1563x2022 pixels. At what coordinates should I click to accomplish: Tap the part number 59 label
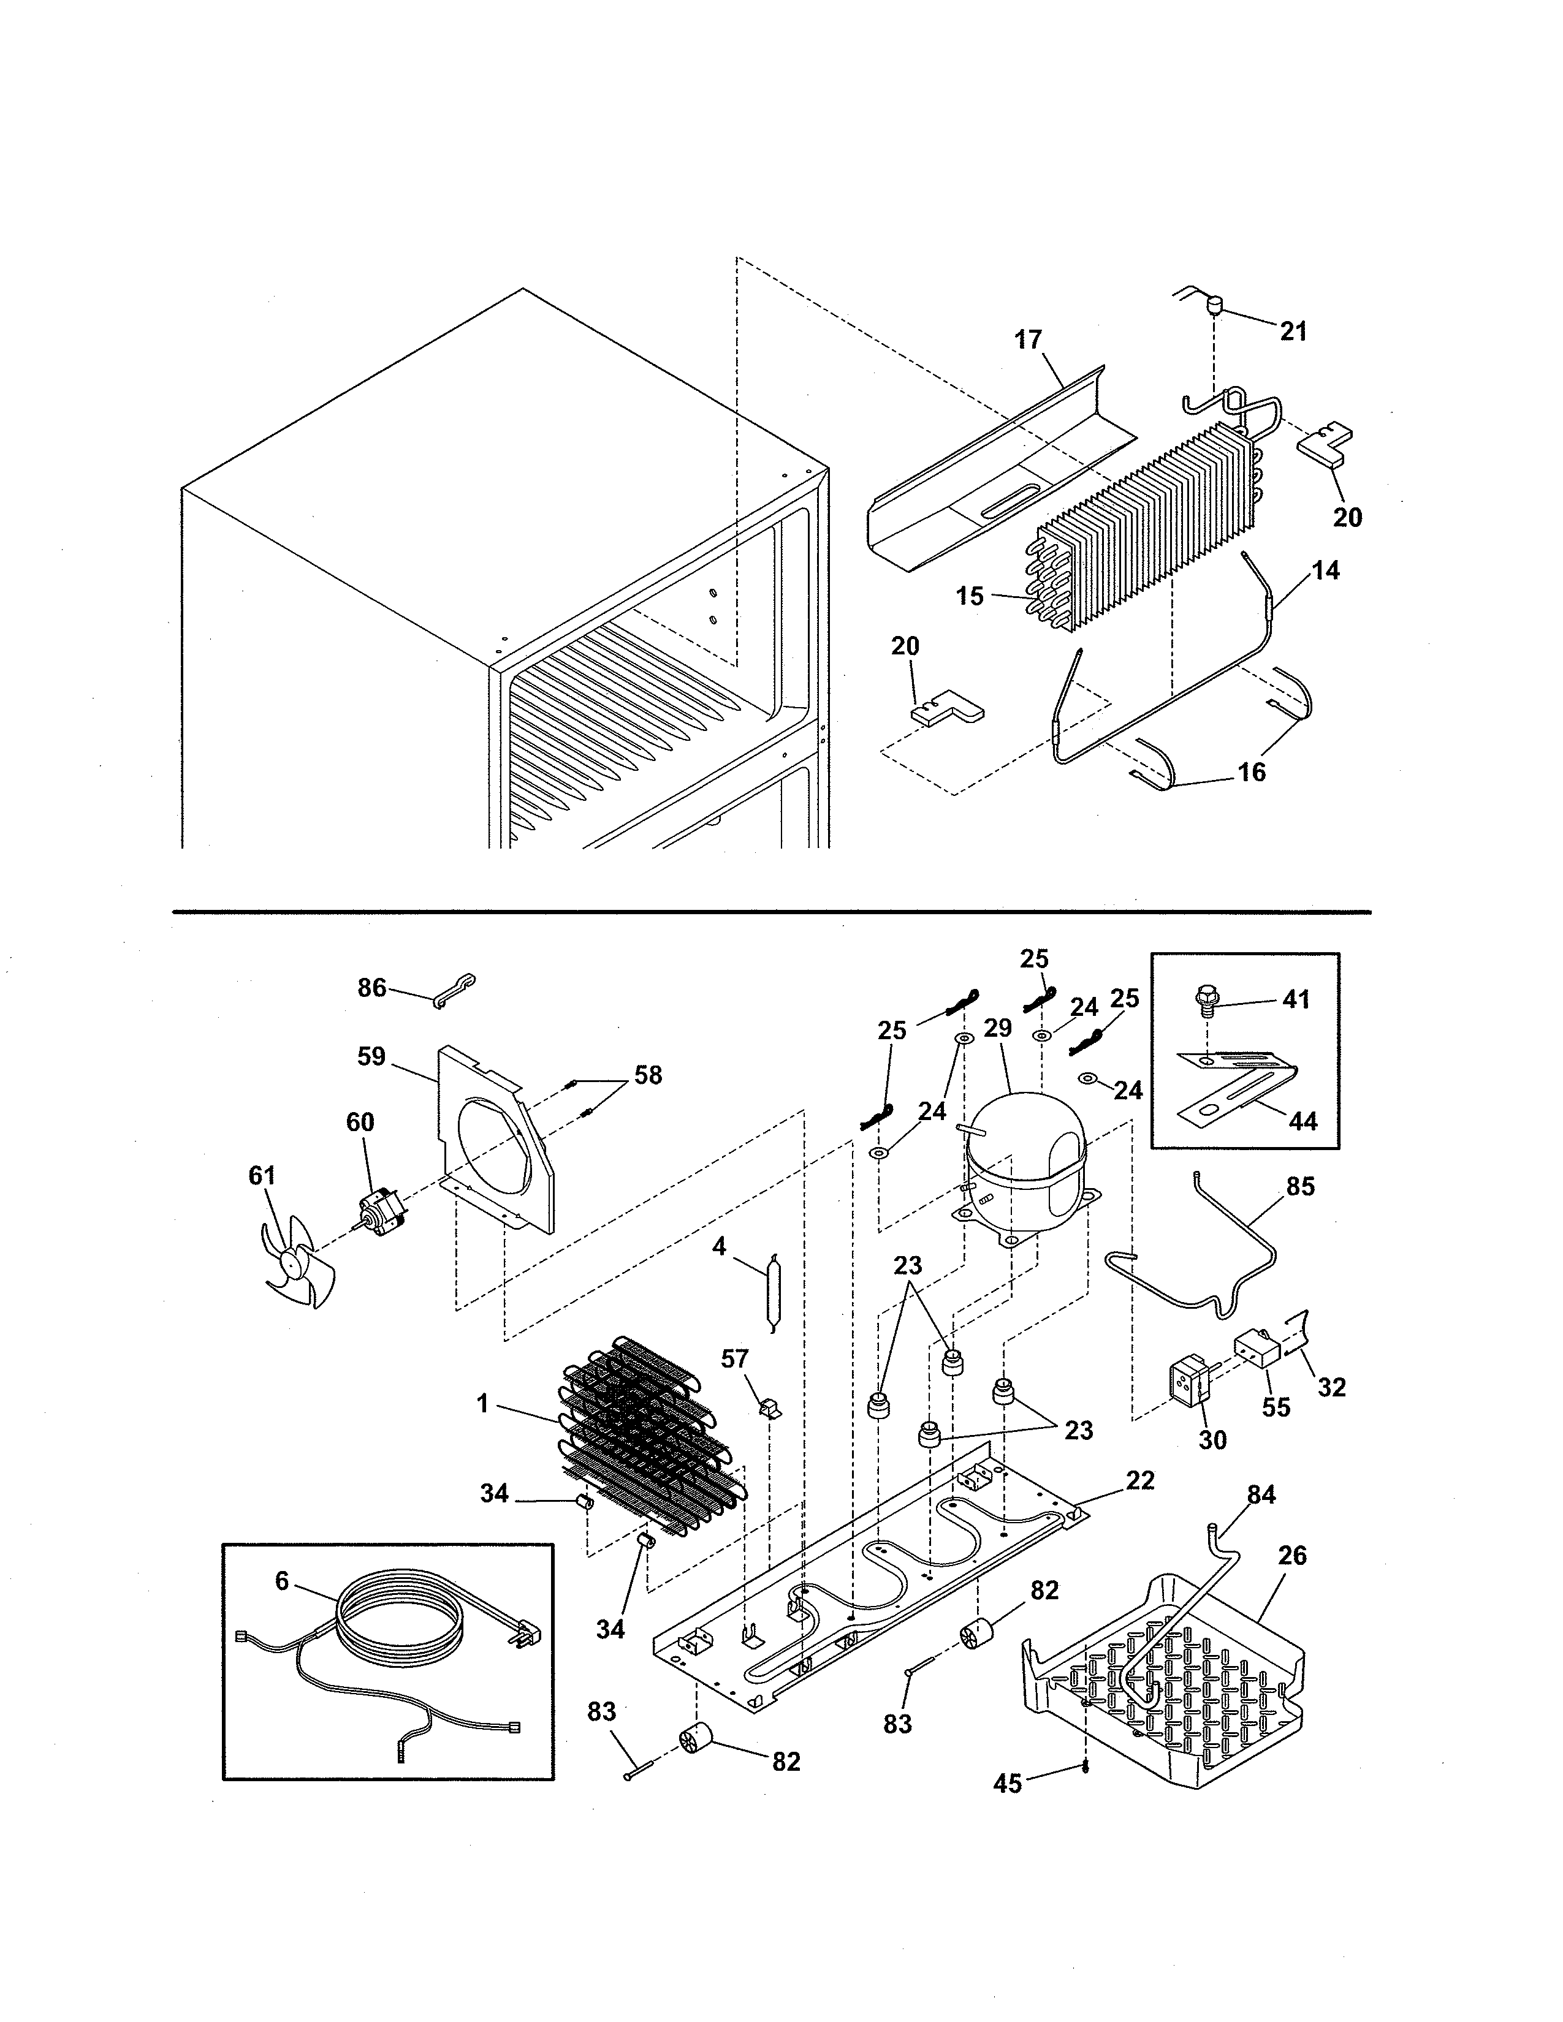pyautogui.click(x=371, y=1056)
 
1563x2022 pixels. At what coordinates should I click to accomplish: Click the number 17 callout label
pyautogui.click(x=1028, y=340)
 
